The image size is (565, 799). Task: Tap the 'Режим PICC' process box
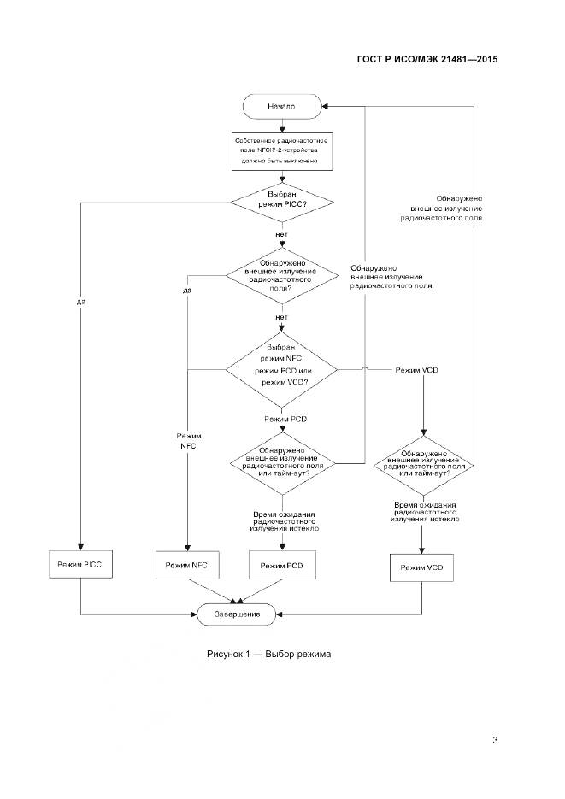pyautogui.click(x=79, y=566)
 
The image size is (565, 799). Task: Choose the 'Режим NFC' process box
pyautogui.click(x=186, y=566)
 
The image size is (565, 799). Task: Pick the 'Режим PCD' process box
pyautogui.click(x=281, y=566)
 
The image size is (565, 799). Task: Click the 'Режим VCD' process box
pyautogui.click(x=422, y=568)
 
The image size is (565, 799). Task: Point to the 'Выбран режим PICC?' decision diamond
pyautogui.click(x=281, y=201)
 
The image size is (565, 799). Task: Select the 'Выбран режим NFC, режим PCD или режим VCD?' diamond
pyautogui.click(x=281, y=370)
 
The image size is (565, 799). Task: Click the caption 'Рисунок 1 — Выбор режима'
pyautogui.click(x=268, y=654)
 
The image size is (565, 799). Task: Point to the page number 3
pyautogui.click(x=495, y=740)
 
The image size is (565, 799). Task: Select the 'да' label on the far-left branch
pyautogui.click(x=80, y=302)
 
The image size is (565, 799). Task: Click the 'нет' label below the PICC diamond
pyautogui.click(x=281, y=233)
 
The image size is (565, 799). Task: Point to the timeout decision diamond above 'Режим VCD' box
pyautogui.click(x=422, y=462)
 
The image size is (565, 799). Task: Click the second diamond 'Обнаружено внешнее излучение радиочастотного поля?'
pyautogui.click(x=281, y=275)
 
